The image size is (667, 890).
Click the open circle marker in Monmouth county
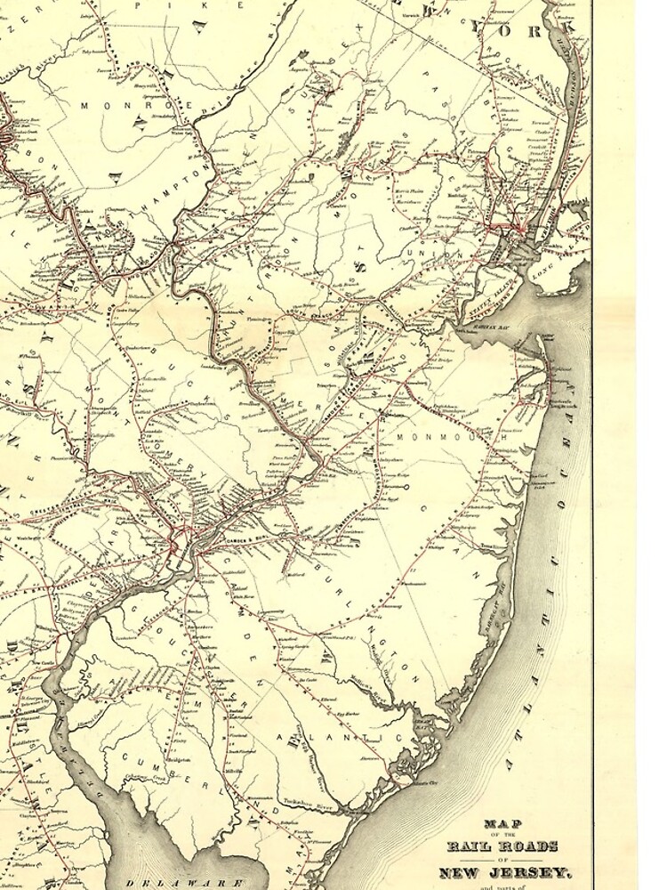pos(406,488)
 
